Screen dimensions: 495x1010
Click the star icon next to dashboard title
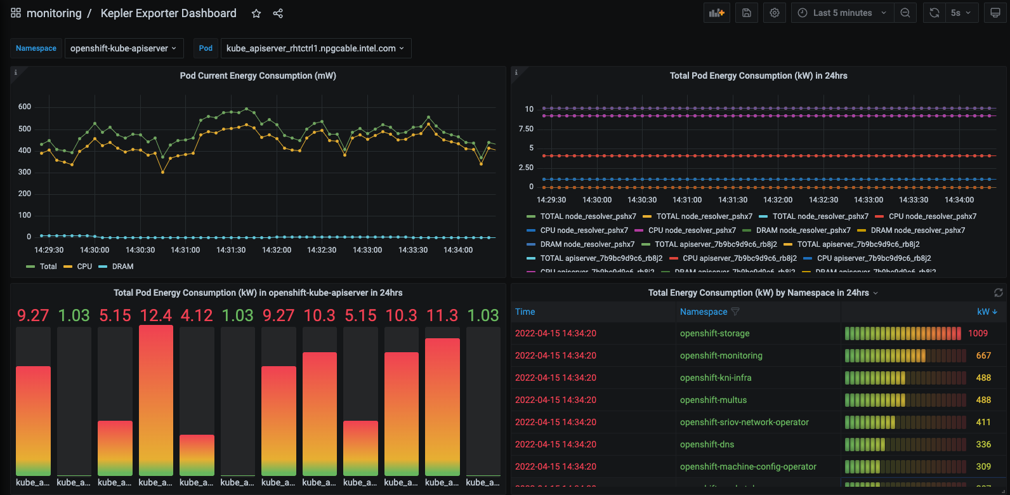256,13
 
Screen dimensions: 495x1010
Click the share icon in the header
278,13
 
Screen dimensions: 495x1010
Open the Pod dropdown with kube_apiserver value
315,48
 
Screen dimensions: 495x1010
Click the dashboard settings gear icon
775,13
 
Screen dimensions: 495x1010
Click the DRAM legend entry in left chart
122,267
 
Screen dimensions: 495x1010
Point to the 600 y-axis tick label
25,107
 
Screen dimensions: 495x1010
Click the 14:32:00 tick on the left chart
277,250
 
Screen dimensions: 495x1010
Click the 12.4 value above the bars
156,315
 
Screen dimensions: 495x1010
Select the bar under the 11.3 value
442,407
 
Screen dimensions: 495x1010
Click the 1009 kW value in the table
978,333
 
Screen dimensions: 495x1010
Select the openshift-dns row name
707,444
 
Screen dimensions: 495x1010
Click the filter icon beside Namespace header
735,312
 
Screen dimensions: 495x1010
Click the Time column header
525,312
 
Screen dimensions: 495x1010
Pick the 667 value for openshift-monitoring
983,355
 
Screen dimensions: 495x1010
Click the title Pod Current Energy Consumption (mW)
258,76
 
